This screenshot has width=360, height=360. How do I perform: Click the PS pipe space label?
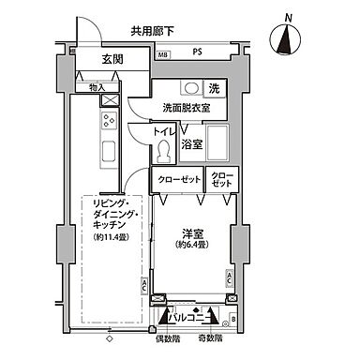(x=197, y=53)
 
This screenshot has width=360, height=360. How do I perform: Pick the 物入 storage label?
(x=97, y=88)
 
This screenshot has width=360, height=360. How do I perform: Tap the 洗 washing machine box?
(x=215, y=89)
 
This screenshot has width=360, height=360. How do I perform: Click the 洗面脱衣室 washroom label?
(x=186, y=108)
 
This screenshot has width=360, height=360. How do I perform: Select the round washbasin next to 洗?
(x=191, y=89)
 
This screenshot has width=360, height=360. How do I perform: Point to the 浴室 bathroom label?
(x=193, y=144)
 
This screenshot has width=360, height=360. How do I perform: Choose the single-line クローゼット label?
(x=177, y=178)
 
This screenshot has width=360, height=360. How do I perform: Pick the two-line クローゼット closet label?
(x=222, y=178)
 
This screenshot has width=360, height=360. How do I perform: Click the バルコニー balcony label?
(x=190, y=316)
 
